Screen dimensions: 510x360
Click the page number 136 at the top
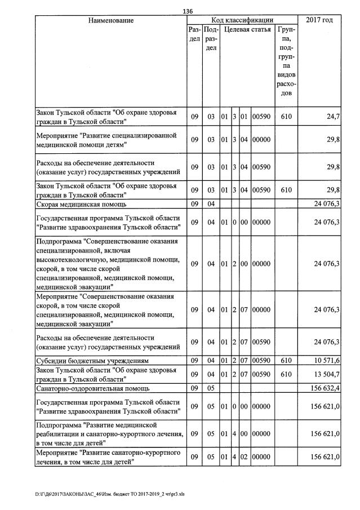pos(188,11)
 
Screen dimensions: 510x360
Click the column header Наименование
pos(110,20)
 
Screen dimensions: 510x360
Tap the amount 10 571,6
pos(326,361)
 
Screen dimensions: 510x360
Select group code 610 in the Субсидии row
pos(286,361)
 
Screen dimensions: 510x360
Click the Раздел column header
pos(194,34)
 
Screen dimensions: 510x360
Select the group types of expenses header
pos(286,61)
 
